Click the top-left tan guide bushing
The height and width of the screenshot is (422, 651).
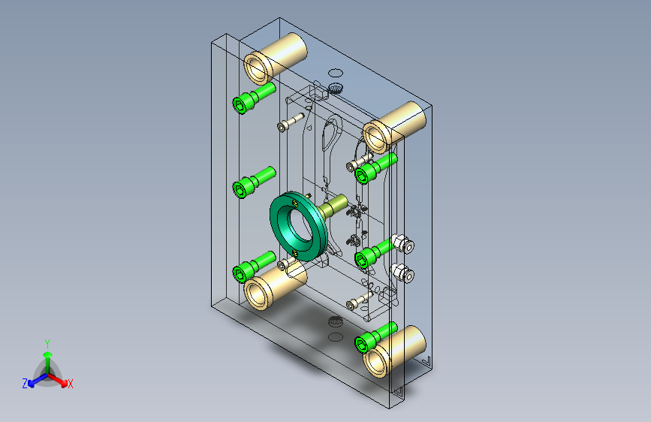274,58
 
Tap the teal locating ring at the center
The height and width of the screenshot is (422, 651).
297,225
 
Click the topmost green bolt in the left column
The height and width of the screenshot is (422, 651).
253,97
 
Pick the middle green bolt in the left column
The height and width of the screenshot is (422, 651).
253,182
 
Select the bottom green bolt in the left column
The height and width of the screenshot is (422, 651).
253,267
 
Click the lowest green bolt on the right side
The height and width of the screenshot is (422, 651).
375,337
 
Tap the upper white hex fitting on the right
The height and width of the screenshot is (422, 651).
402,243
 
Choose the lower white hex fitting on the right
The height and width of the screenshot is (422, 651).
402,273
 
